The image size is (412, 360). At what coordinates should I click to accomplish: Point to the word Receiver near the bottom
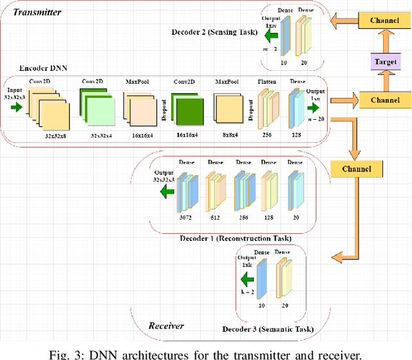166,325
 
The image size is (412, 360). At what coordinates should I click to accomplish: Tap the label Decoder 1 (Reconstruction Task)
236,239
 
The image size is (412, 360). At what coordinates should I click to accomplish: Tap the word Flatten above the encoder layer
267,82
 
